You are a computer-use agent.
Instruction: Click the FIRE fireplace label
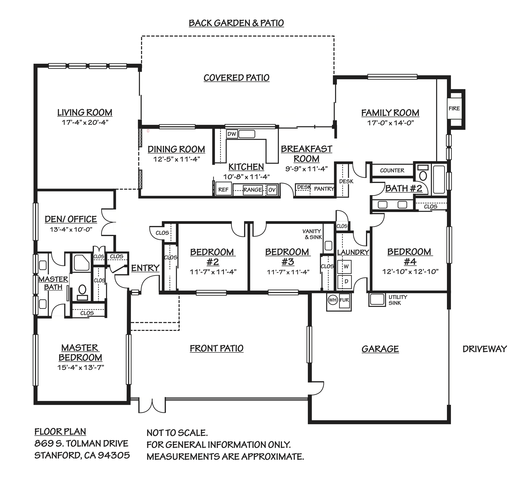click(454, 108)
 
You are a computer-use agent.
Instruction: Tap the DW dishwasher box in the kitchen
click(232, 134)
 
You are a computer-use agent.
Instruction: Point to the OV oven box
click(272, 190)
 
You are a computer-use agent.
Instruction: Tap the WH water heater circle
click(332, 300)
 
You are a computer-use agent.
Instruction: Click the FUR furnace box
click(344, 300)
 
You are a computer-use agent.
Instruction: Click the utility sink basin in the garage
click(377, 299)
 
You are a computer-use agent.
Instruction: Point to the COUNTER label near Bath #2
click(392, 170)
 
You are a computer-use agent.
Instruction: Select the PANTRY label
click(324, 189)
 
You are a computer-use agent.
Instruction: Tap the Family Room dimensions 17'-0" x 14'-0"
click(390, 123)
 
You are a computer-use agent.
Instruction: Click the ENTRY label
click(145, 268)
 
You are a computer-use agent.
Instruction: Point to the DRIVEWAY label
click(485, 349)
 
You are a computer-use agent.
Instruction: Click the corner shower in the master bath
click(82, 263)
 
